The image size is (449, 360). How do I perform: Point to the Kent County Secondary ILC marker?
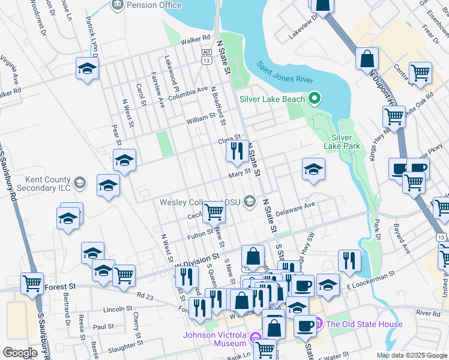[79, 182]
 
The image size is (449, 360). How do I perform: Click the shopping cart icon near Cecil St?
[214, 212]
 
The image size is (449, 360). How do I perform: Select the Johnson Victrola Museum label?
[215, 339]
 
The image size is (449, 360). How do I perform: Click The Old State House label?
[364, 325]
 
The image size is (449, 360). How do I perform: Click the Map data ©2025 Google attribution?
[411, 355]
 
